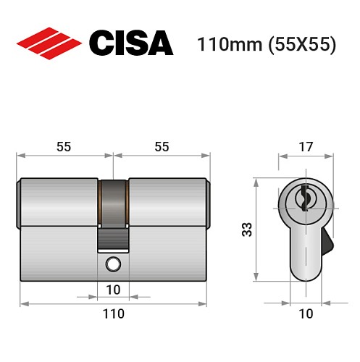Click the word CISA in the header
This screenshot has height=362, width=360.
click(x=130, y=43)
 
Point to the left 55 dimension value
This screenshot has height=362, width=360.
click(x=64, y=146)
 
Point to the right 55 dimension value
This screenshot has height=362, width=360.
click(x=162, y=146)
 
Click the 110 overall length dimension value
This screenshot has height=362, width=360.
click(x=113, y=314)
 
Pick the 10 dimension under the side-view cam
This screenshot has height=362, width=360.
click(x=113, y=290)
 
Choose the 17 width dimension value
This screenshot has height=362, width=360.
click(x=306, y=147)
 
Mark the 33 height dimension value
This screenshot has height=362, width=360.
click(x=247, y=230)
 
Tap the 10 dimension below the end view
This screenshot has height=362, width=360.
click(x=305, y=314)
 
